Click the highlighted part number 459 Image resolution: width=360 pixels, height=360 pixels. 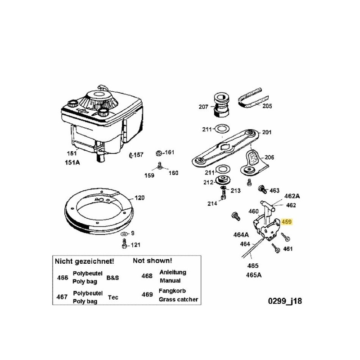(287, 222)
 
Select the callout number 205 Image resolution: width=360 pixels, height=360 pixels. (267, 107)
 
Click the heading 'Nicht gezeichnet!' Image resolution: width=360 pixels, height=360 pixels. (84, 261)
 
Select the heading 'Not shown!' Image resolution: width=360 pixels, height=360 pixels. (152, 261)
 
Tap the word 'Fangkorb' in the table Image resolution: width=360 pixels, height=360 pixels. (171, 291)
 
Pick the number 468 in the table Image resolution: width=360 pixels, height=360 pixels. (147, 276)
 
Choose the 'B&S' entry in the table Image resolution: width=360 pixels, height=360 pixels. (112, 278)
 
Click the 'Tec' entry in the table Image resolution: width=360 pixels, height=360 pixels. (113, 297)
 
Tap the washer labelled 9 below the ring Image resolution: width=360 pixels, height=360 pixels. (124, 235)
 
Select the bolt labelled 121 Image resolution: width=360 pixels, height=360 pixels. (124, 244)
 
